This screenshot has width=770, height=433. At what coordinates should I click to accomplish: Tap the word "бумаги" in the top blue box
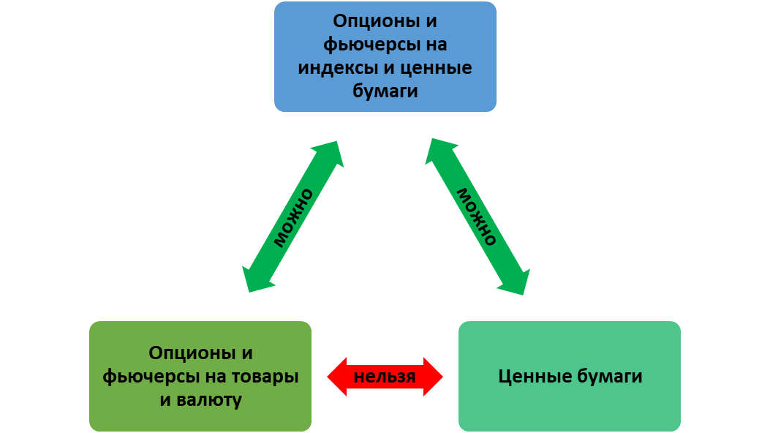[x=385, y=92]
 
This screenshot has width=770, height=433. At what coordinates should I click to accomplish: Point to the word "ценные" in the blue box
[x=438, y=69]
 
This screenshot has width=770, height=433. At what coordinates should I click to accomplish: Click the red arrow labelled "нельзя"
[x=385, y=377]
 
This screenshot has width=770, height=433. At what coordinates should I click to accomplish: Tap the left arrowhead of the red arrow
[x=336, y=377]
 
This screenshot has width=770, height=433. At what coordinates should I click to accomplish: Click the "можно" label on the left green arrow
[x=294, y=217]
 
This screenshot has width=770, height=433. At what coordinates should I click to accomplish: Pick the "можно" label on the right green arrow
[x=477, y=217]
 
